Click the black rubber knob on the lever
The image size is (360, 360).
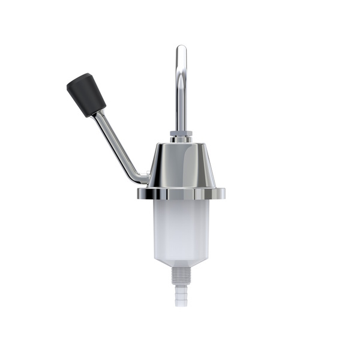click(86, 94)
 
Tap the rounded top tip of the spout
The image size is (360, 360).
click(181, 48)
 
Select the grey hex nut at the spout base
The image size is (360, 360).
click(181, 133)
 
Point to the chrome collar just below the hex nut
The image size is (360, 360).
click(181, 139)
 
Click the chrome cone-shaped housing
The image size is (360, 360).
click(181, 165)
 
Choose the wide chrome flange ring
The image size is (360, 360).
click(181, 194)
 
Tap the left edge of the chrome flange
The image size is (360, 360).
click(139, 194)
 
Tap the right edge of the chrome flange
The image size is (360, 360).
click(224, 194)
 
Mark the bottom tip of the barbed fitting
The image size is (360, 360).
click(181, 305)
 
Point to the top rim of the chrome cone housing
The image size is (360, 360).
click(181, 145)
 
